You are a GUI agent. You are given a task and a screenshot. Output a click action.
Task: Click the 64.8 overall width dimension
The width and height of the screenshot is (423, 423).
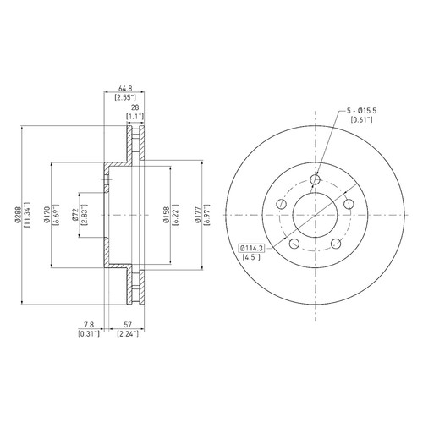[x=125, y=89]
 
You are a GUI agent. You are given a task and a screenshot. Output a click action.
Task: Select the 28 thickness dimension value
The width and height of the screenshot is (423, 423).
[x=135, y=107]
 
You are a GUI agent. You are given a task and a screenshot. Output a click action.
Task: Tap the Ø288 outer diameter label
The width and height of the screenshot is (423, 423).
[x=18, y=215]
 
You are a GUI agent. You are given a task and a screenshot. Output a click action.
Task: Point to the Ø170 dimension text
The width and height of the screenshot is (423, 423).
[x=47, y=215]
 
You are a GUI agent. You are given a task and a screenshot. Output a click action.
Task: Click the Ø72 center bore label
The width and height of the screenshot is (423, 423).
[x=74, y=215]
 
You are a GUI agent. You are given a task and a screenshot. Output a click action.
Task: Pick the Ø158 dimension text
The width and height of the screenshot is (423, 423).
[x=167, y=215]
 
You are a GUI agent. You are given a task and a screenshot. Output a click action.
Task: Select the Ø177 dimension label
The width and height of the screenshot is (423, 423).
[x=198, y=215]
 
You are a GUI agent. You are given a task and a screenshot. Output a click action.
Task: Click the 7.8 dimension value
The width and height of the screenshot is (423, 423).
[x=89, y=325]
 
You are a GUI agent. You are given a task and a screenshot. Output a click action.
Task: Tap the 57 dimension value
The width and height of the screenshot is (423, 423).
[x=128, y=325]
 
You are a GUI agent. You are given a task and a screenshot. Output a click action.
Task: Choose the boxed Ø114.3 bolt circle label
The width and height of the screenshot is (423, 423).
[x=251, y=248]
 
